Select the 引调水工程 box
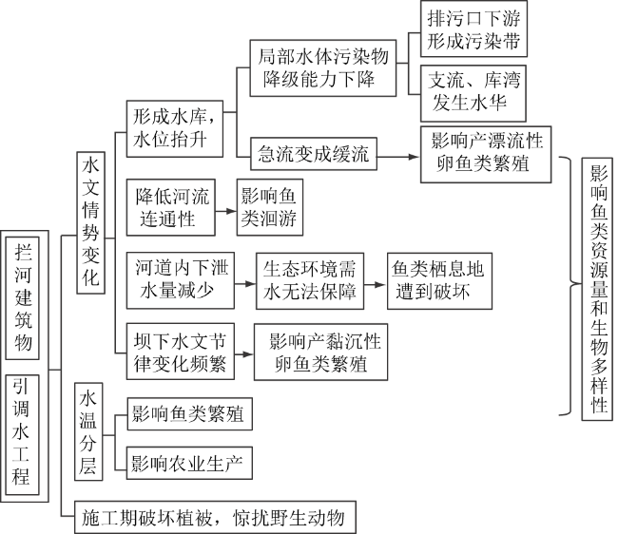coord(24,432)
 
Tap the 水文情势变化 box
coord(91,227)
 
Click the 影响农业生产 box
coord(187,464)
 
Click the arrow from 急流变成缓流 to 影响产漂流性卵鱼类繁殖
coord(396,151)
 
